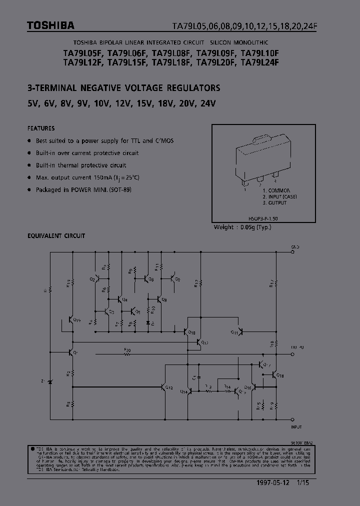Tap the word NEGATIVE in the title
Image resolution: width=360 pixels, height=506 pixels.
(105, 88)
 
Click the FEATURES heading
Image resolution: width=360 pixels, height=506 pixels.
(41, 128)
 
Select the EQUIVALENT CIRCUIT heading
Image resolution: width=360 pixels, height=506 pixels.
(56, 235)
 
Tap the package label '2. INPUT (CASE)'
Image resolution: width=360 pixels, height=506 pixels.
(279, 197)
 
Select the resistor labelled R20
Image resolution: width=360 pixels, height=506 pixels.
(127, 353)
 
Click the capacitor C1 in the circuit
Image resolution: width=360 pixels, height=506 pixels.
(198, 374)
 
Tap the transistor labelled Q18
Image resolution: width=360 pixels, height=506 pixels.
(274, 374)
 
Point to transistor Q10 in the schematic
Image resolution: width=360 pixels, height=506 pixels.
(186, 331)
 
